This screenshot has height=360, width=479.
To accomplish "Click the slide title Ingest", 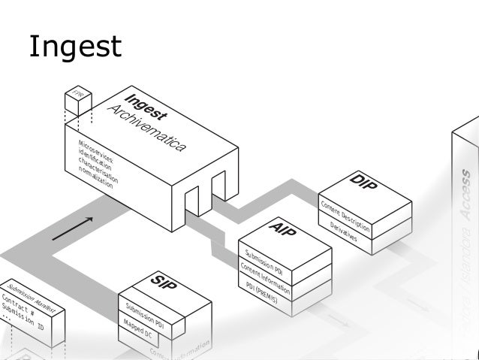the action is (74, 47).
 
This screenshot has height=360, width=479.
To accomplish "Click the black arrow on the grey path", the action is (74, 228).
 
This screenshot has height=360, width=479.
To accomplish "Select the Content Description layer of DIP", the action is (345, 216).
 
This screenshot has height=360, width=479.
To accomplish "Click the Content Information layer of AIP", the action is (265, 275).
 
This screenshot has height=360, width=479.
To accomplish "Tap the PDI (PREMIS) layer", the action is (262, 292).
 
